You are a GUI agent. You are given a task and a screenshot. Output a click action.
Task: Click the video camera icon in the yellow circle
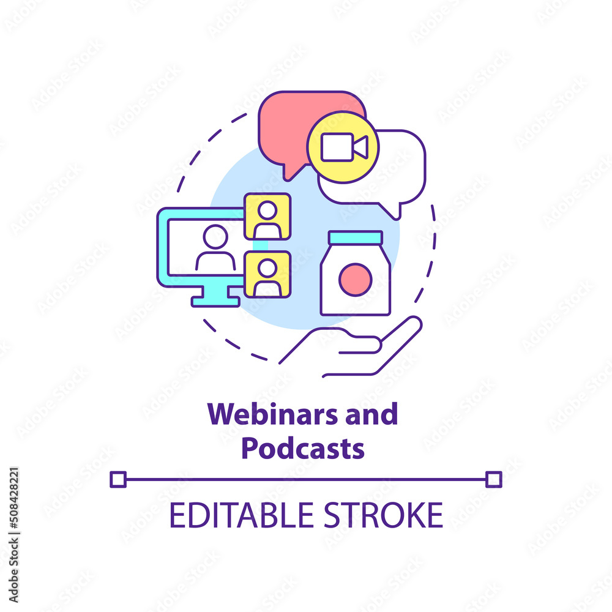pyautogui.click(x=344, y=147)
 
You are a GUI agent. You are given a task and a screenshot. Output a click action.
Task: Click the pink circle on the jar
pyautogui.click(x=355, y=280)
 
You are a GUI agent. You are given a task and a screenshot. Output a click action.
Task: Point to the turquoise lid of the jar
pyautogui.click(x=355, y=237)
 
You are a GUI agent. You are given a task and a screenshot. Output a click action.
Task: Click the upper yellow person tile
pyautogui.click(x=267, y=216)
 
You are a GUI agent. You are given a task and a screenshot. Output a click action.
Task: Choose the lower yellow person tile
pyautogui.click(x=267, y=274)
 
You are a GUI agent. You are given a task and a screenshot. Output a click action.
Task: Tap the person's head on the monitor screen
pyautogui.click(x=215, y=236)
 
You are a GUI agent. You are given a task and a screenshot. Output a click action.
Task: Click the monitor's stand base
pyautogui.click(x=215, y=302)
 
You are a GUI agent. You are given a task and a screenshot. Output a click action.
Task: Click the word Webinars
pyautogui.click(x=272, y=414)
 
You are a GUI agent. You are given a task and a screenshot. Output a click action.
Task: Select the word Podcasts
pyautogui.click(x=303, y=448)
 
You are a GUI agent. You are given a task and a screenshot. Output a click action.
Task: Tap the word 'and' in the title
pyautogui.click(x=371, y=414)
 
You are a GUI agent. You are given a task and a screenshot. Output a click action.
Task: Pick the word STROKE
pyautogui.click(x=384, y=515)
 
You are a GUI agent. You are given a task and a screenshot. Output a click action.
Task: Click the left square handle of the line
pyautogui.click(x=118, y=479)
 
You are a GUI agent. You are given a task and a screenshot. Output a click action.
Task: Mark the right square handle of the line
pyautogui.click(x=494, y=479)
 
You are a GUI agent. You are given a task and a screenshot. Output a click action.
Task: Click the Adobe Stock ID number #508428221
pyautogui.click(x=13, y=499)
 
